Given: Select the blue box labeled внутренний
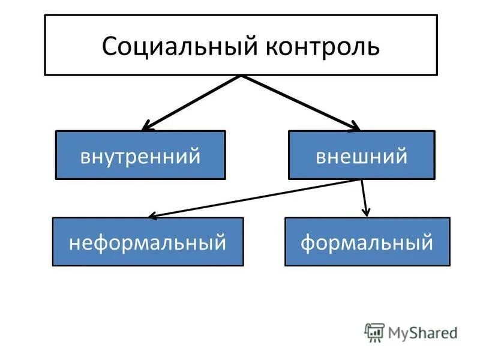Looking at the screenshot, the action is (140, 155).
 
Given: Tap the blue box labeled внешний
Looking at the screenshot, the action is (361, 155).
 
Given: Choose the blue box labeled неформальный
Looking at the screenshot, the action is (148, 242).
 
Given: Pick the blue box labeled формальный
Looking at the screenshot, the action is (367, 242).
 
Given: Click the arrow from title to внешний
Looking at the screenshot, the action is (300, 103).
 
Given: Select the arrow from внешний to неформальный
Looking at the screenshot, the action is (255, 198).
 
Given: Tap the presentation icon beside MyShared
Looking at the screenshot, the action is (374, 332).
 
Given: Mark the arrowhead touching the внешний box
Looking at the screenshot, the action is (355, 127).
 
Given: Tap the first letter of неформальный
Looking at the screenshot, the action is (74, 243).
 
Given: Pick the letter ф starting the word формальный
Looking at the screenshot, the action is (308, 243).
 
